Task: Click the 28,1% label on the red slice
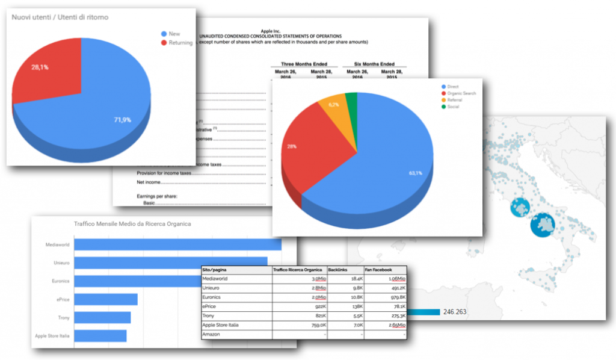(x=40, y=67)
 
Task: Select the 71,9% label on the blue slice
(x=122, y=120)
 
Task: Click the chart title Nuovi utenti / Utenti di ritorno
(x=60, y=17)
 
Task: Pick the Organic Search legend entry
(x=461, y=93)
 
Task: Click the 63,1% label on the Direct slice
(x=416, y=173)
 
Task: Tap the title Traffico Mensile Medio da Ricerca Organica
(x=132, y=224)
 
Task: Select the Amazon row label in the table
(x=212, y=334)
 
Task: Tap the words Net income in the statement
(x=149, y=182)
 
